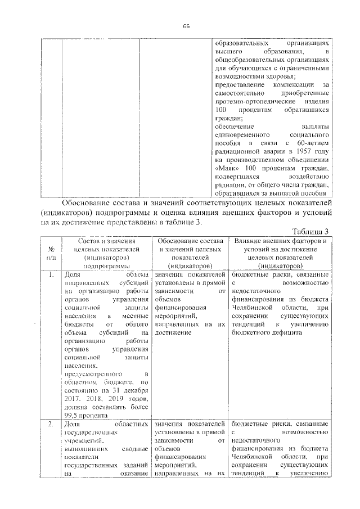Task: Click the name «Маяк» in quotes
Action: [x=226, y=168]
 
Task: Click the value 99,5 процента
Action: [x=87, y=416]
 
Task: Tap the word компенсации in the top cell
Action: [x=293, y=84]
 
